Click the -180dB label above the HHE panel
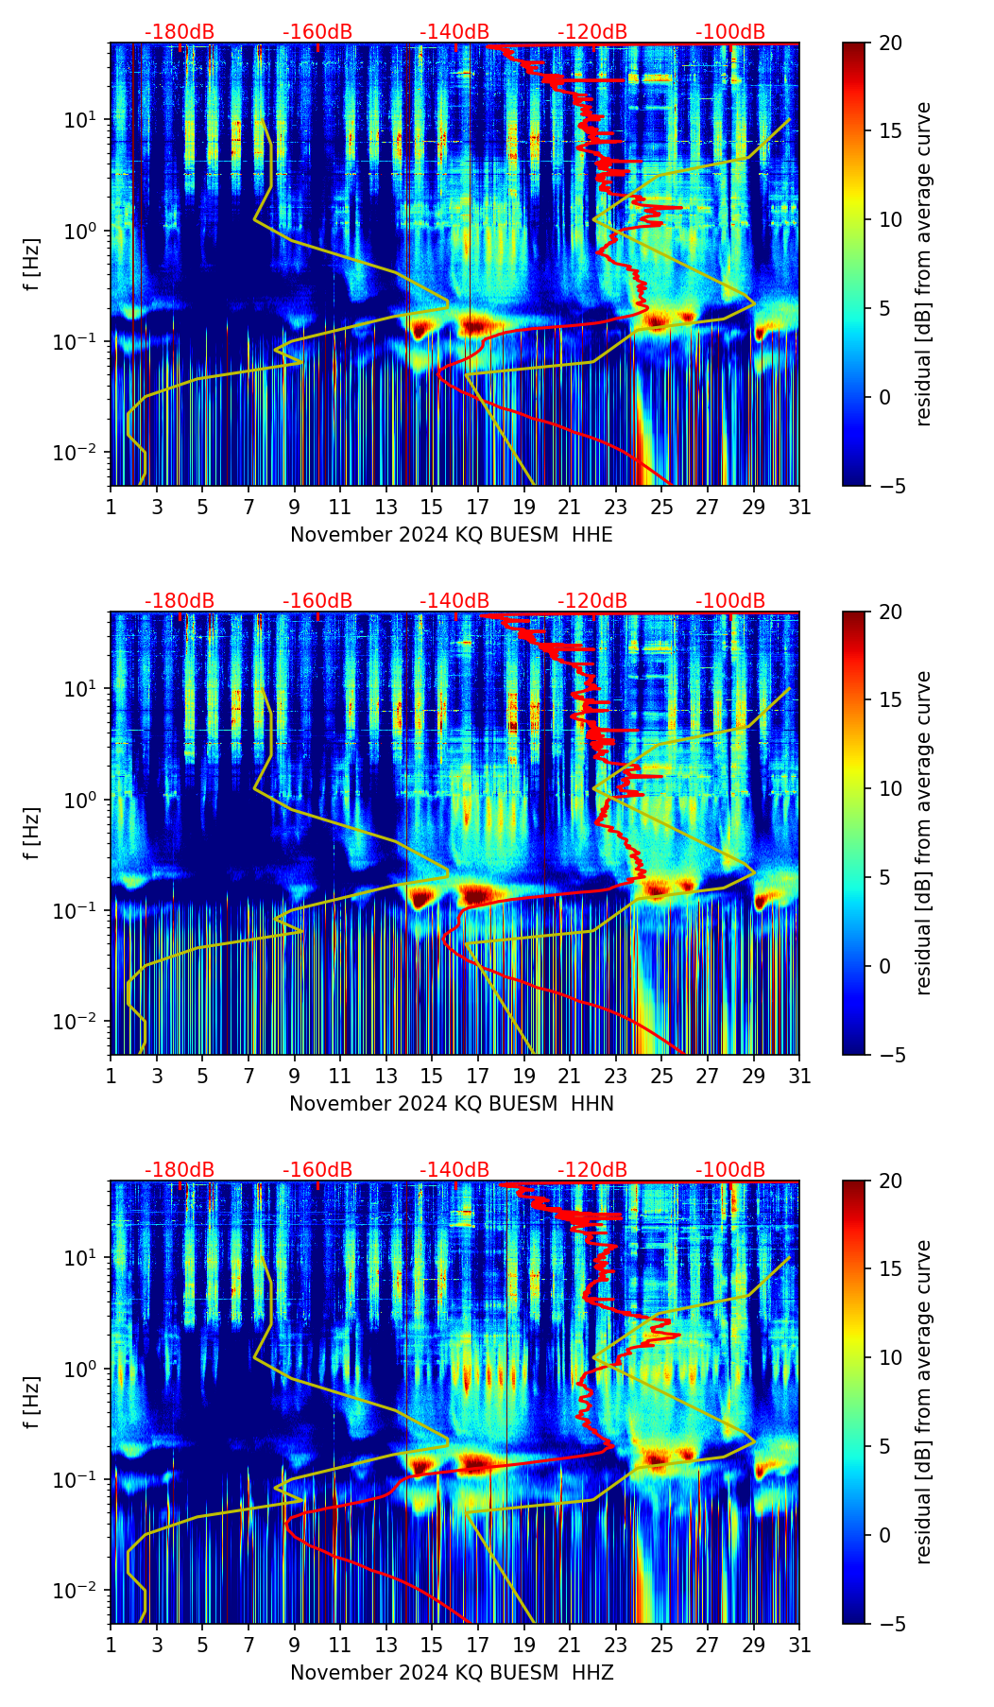point(180,32)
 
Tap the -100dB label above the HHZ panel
point(730,1170)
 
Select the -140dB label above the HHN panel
point(454,601)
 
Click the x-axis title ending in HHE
point(451,535)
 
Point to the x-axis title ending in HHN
point(451,1104)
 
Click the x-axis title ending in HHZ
point(451,1673)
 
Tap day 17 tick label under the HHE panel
point(477,508)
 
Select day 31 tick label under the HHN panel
point(799,1077)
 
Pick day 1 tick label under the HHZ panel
point(111,1646)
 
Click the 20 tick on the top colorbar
point(890,43)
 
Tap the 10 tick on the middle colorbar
point(890,788)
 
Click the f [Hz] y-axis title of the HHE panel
point(32,265)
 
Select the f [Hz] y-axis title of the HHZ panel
point(32,1403)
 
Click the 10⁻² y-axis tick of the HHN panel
point(77,1022)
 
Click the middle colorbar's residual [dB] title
point(923,833)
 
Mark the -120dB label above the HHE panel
point(592,32)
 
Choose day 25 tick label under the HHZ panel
point(661,1646)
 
